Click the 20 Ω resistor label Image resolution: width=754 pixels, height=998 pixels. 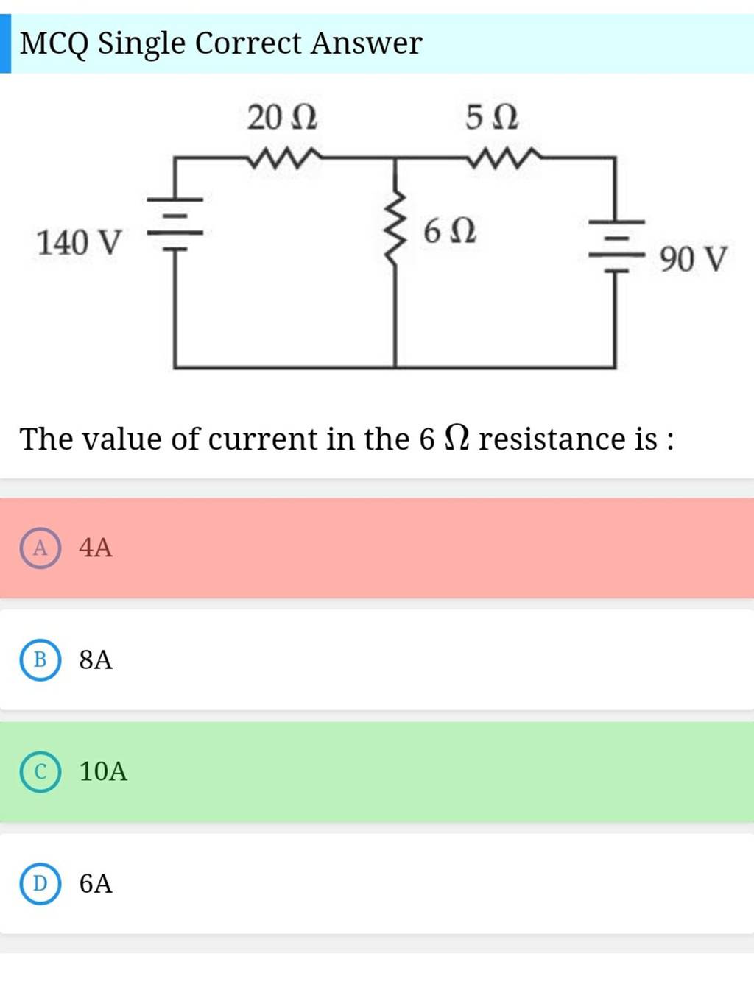(x=282, y=117)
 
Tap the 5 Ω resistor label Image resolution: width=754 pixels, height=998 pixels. (x=491, y=116)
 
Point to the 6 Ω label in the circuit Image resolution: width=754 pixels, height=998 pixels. (x=449, y=231)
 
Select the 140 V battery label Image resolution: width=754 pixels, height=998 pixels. (x=79, y=242)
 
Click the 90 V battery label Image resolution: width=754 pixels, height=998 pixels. (x=693, y=259)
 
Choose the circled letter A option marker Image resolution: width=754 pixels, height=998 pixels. (x=40, y=548)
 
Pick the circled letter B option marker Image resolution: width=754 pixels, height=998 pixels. (x=40, y=659)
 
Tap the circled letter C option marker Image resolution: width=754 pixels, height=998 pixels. (x=40, y=771)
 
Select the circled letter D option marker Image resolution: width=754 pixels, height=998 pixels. (x=40, y=883)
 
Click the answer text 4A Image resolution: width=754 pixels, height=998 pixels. (x=96, y=548)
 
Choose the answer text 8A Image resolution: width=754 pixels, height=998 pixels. (x=96, y=659)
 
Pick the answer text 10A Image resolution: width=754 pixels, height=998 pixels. (x=103, y=771)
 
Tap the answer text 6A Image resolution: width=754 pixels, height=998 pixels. (x=96, y=883)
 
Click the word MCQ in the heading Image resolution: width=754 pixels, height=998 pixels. (x=54, y=43)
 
